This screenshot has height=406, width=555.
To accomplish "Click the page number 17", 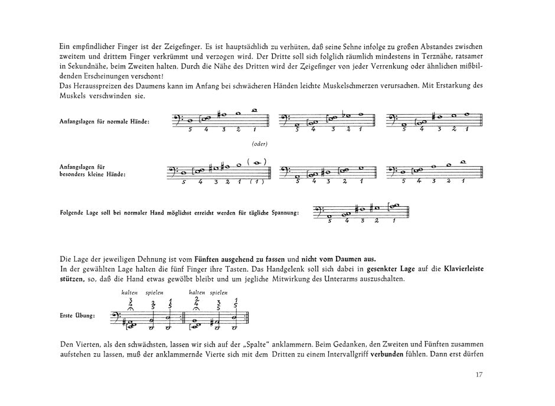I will pos(479,374).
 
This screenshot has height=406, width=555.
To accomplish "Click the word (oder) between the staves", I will pos(259,143).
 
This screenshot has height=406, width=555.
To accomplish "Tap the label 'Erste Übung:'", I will pos(77,316).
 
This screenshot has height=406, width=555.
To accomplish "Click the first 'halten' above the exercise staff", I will pos(129,292).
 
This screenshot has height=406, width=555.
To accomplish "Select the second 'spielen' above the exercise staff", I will pos(218,292).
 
